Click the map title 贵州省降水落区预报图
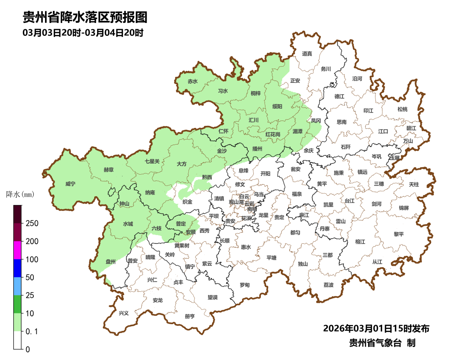[x=85, y=17]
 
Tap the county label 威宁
[x=71, y=183]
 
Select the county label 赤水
[x=192, y=82]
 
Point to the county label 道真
[x=307, y=53]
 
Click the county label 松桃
[x=402, y=109]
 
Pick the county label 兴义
[x=124, y=313]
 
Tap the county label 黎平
[x=399, y=234]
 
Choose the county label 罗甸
[x=245, y=285]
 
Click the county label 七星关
[x=152, y=161]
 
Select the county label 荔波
[x=328, y=285]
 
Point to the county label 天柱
[x=414, y=184]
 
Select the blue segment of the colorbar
[x=17, y=268]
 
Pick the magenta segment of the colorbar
[x=17, y=250]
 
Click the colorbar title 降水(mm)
[x=20, y=194]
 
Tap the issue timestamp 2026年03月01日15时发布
[x=376, y=328]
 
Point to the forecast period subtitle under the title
[x=83, y=32]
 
